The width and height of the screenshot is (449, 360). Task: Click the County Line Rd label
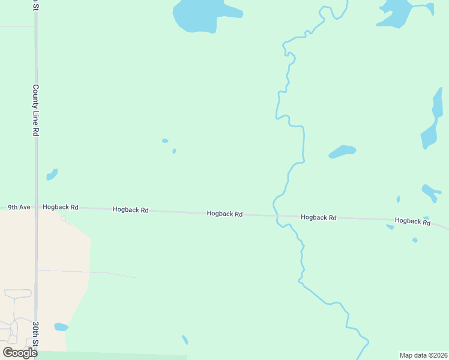click(36, 110)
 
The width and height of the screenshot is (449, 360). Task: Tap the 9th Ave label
click(19, 207)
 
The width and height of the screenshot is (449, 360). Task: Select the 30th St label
click(36, 334)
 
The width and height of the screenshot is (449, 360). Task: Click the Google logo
click(20, 353)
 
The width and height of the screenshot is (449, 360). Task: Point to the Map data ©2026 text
click(423, 355)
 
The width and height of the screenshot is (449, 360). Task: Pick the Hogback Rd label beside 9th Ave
click(61, 207)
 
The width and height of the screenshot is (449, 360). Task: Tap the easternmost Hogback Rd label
click(412, 221)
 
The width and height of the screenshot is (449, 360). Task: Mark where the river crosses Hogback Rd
click(276, 214)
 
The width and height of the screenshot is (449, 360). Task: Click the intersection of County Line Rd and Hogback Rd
click(37, 208)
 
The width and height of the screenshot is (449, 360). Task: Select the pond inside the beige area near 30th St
click(61, 327)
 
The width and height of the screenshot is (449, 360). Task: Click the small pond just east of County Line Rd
click(52, 175)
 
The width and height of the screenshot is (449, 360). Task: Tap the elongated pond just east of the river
click(343, 151)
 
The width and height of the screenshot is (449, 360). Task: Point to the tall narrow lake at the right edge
click(432, 120)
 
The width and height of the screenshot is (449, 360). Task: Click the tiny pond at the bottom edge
click(185, 340)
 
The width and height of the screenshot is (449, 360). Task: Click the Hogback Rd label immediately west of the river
click(224, 213)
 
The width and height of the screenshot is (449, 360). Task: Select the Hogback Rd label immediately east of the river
click(318, 217)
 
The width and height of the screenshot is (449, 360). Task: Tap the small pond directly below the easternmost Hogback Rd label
click(415, 240)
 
